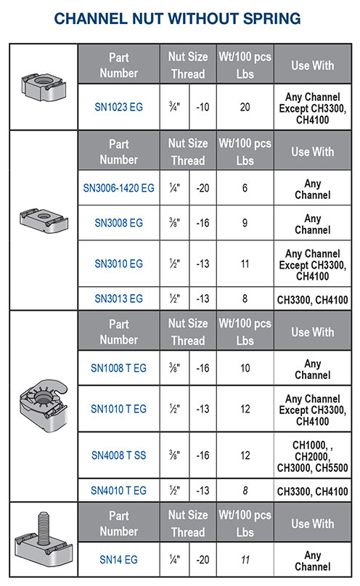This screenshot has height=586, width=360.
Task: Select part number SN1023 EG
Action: point(118,107)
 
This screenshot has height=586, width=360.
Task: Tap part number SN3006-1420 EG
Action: point(118,188)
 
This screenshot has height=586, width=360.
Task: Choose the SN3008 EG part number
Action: point(118,224)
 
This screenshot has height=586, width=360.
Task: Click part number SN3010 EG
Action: point(118,263)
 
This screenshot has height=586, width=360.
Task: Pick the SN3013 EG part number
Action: point(118,298)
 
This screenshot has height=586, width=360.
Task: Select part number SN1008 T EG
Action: point(118,368)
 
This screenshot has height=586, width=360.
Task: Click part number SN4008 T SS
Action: point(118,455)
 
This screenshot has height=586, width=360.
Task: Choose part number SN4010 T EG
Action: point(118,491)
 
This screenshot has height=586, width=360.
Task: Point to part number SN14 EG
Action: point(118,560)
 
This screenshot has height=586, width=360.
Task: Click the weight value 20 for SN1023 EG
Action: point(245,107)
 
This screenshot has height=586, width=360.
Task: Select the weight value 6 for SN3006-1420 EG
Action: point(245,188)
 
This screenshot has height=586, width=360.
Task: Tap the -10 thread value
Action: point(203,107)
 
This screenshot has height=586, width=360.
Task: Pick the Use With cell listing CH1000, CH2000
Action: point(312,455)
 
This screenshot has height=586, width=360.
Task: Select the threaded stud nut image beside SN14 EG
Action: point(43,539)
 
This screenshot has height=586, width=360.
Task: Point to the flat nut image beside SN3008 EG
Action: point(43,219)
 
